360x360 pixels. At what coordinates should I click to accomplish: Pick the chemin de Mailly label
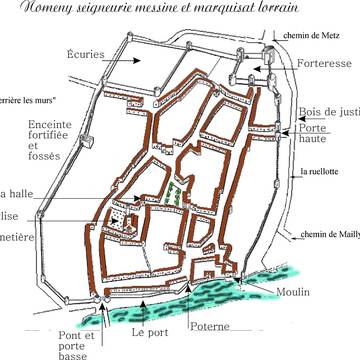coord(330,236)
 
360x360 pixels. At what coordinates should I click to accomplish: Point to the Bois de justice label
coord(328,112)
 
